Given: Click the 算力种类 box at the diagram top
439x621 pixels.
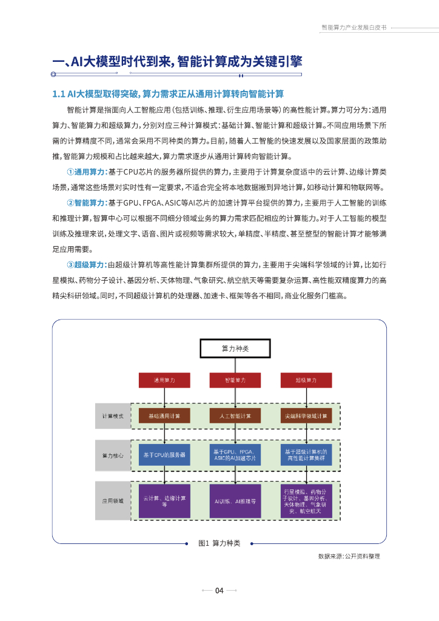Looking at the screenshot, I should tap(235, 349).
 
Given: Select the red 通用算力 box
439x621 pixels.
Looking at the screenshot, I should tap(164, 380).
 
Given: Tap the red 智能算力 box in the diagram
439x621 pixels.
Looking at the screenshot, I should tap(235, 380).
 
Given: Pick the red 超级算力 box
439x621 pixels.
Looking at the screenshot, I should tap(306, 380).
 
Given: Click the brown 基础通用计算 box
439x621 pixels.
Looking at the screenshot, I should tap(164, 416).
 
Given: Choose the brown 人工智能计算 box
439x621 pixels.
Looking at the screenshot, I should tap(235, 416).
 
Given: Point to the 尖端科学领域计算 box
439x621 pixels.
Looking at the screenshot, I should tap(306, 416).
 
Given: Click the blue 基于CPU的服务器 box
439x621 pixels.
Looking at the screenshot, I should tap(164, 455).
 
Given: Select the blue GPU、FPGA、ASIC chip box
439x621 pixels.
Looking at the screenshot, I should tap(235, 455).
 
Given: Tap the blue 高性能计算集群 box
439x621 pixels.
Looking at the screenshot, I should tap(306, 455).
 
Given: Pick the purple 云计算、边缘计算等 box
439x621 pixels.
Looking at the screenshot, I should tap(164, 501).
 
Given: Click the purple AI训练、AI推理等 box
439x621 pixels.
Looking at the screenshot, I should tap(235, 501).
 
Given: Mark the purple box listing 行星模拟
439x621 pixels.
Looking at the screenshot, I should tap(306, 501).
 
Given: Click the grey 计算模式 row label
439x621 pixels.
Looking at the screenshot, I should tap(113, 416).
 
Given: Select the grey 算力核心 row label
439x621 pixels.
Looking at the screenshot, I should tap(113, 455).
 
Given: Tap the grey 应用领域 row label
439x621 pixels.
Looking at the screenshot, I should tap(113, 501).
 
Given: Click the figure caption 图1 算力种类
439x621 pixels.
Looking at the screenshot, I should tap(219, 543).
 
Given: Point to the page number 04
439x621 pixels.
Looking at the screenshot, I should tap(219, 591).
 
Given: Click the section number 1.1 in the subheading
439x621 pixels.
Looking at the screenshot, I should tap(59, 94).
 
